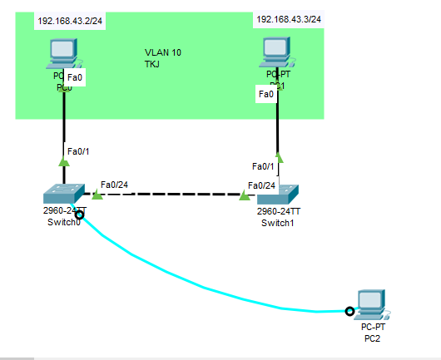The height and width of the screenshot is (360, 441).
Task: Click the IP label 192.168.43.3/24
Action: [x=288, y=18]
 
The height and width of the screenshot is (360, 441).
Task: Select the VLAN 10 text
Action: [x=163, y=52]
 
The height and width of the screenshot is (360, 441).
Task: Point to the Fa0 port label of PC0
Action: [x=74, y=77]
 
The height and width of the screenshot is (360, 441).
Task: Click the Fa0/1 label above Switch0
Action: [x=77, y=150]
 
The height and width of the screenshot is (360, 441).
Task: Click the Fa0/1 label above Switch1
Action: [x=263, y=166]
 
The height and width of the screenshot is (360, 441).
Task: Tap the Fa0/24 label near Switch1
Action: [x=261, y=185]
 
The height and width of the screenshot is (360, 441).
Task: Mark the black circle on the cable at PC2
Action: [x=349, y=312]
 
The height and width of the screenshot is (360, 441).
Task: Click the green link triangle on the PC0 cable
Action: [x=63, y=162]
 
